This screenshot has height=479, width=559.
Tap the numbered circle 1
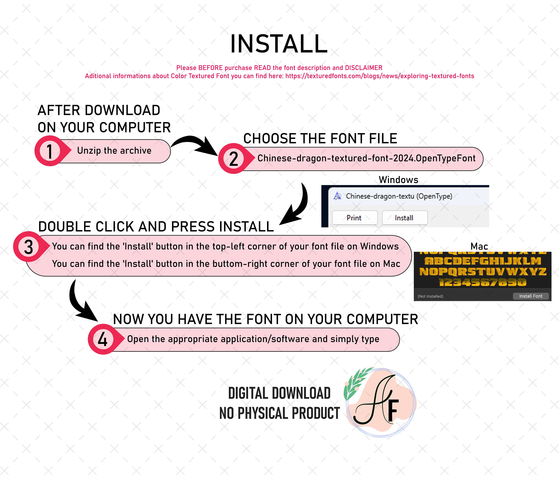tap(49, 151)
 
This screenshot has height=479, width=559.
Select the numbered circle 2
tap(234, 159)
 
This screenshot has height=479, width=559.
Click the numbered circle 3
tap(28, 247)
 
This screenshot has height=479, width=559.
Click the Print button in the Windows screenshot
tap(354, 218)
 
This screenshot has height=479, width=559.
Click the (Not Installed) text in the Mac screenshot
tap(430, 296)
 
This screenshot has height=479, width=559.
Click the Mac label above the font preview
tap(479, 246)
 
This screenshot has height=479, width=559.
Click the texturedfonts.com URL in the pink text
tap(380, 76)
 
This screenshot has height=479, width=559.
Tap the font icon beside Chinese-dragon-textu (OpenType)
tap(337, 196)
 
